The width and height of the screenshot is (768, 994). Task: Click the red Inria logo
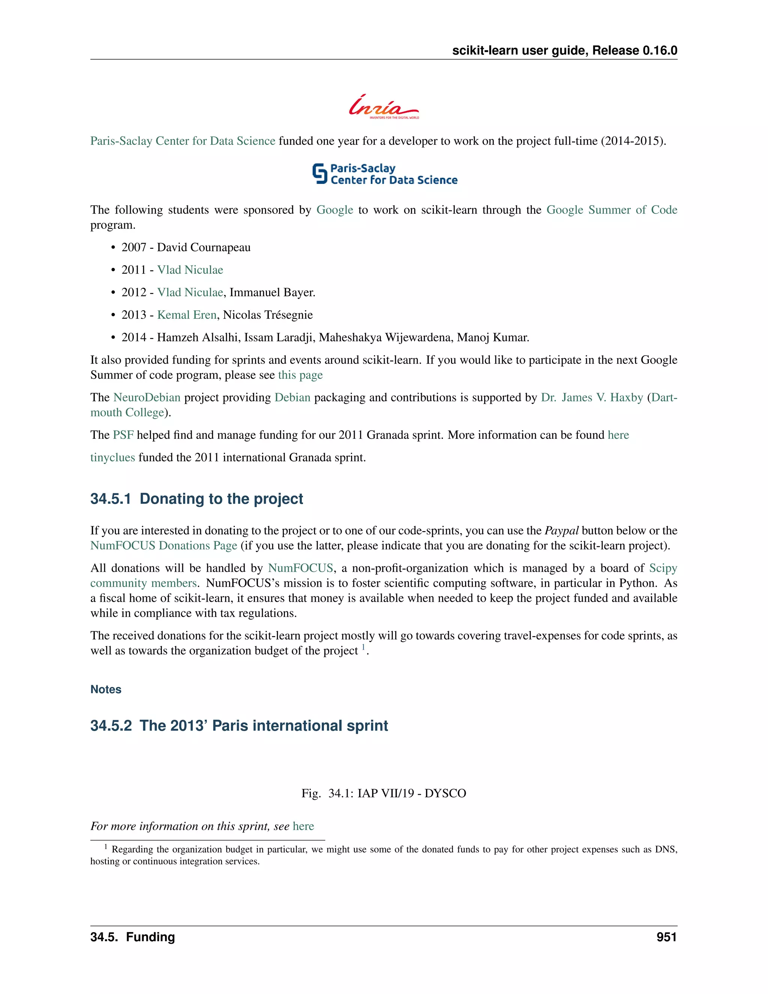384,107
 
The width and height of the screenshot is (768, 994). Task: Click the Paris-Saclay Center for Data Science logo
384,174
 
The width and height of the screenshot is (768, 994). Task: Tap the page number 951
666,937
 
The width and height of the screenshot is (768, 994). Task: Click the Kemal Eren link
186,315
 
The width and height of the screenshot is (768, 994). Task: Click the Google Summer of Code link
612,210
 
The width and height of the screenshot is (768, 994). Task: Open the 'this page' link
300,375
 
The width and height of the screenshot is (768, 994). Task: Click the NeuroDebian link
147,397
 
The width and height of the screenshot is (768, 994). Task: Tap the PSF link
123,435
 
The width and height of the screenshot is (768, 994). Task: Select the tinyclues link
112,457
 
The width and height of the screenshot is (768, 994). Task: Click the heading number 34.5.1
111,499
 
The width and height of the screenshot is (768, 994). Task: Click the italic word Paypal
561,531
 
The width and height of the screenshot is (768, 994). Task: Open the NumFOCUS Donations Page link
163,546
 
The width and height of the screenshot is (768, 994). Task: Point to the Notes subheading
105,689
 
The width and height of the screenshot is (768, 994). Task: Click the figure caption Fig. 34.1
383,793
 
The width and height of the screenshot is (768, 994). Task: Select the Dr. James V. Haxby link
591,397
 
